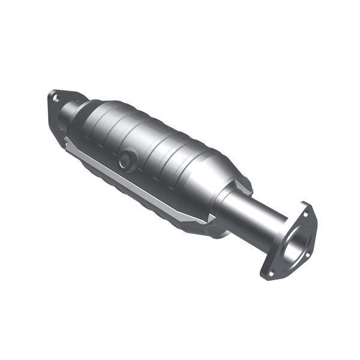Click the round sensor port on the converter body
click(x=126, y=160)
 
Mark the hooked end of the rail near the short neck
click(x=69, y=143)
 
